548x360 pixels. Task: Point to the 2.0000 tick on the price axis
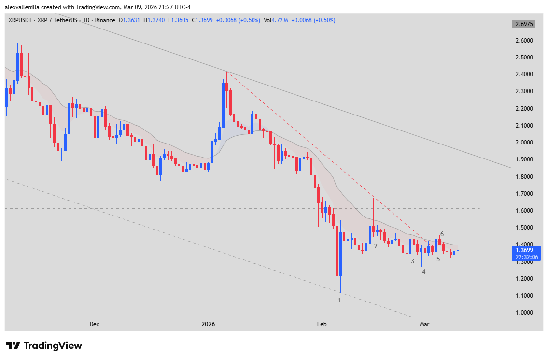pos(524,143)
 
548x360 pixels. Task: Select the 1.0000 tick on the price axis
pos(524,313)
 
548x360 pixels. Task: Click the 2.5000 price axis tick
pos(524,58)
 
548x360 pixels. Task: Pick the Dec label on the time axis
pos(95,324)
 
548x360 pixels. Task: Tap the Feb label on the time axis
pos(323,324)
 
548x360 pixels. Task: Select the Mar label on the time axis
pos(424,324)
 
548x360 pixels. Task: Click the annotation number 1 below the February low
pos(339,300)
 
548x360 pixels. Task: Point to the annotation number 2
pos(376,246)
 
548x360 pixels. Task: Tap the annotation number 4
pos(423,272)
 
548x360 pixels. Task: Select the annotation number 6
pos(442,234)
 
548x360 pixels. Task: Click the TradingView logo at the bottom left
pos(44,346)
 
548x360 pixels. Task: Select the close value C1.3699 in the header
pos(202,20)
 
